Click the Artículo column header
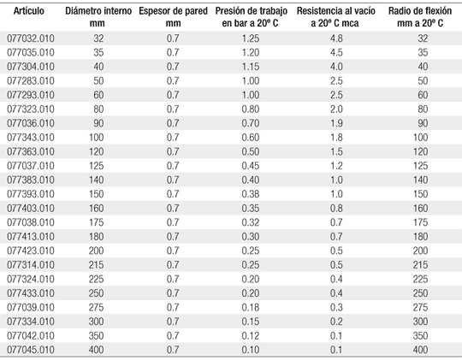pos(29,11)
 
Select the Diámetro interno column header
pos(98,17)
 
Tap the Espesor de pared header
pos(173,17)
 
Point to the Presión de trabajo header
pos(251,17)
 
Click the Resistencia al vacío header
pos(336,17)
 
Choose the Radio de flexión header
pos(420,17)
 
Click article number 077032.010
pos(31,38)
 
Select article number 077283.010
pos(31,80)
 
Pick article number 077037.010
pos(31,166)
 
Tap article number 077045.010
pos(31,350)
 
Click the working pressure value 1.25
pos(251,38)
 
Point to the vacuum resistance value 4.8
pos(336,38)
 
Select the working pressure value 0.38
pos(251,194)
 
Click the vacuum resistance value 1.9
pos(336,123)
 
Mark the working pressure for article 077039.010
pos(251,307)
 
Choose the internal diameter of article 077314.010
pos(97,265)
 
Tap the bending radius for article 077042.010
pos(420,335)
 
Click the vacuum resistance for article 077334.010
pos(336,322)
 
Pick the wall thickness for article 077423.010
pos(173,251)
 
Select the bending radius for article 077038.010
pos(420,222)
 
